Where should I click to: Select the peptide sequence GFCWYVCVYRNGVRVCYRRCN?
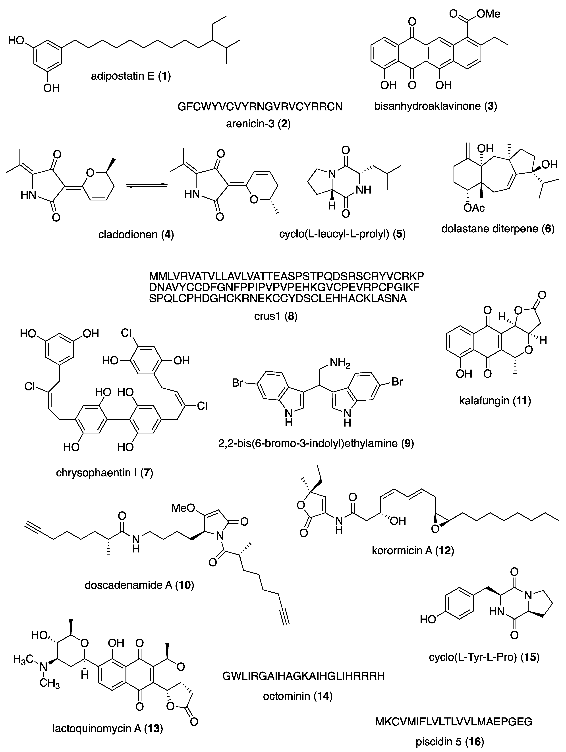pos(260,107)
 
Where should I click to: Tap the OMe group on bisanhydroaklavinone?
pos(488,14)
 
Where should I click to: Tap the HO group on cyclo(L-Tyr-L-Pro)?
pos(428,619)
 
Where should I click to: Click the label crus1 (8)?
pos(276,317)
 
